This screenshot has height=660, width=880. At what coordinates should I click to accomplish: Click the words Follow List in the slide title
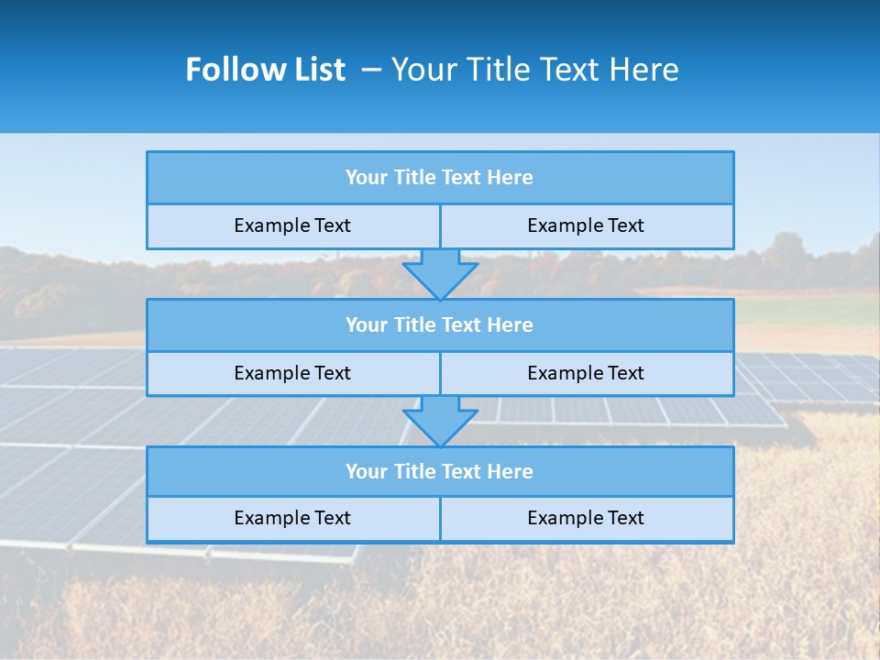click(265, 70)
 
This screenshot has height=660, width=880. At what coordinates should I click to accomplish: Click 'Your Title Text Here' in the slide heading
click(534, 70)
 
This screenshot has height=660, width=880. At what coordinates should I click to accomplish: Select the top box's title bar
click(440, 178)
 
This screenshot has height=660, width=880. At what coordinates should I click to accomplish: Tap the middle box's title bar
click(440, 325)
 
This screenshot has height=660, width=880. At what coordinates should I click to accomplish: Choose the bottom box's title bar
click(440, 472)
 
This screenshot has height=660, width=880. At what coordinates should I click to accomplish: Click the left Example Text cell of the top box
click(292, 225)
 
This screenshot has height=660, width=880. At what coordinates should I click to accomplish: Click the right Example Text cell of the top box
click(586, 225)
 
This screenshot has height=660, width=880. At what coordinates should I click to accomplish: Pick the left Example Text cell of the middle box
click(292, 373)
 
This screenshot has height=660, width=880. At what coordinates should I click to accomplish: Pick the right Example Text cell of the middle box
click(586, 373)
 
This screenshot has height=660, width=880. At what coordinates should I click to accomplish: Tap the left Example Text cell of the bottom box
click(292, 518)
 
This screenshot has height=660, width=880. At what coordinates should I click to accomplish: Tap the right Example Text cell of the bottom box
click(586, 518)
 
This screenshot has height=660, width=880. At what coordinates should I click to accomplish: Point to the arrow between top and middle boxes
click(440, 273)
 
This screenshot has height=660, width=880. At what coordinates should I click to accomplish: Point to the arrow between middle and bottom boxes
click(440, 421)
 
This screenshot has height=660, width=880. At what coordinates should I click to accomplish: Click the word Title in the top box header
click(413, 178)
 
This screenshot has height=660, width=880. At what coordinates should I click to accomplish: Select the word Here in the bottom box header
click(511, 472)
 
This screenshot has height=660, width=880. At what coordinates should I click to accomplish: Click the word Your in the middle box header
click(366, 325)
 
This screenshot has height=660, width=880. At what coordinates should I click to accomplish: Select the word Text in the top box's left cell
click(331, 225)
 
